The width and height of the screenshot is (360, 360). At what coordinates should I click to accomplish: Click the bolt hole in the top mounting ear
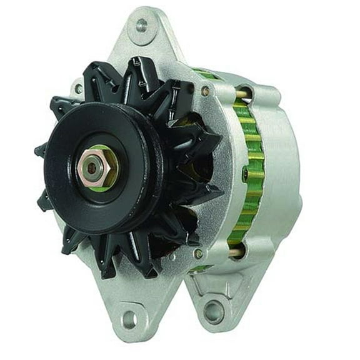tap(142, 25)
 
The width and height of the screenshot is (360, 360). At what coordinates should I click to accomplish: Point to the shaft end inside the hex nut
tap(92, 167)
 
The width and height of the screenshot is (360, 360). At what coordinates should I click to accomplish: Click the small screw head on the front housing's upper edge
tap(205, 91)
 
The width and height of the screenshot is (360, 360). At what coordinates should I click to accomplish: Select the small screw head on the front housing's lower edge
tap(198, 254)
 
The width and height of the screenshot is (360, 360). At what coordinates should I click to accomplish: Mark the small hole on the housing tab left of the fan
tap(78, 89)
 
